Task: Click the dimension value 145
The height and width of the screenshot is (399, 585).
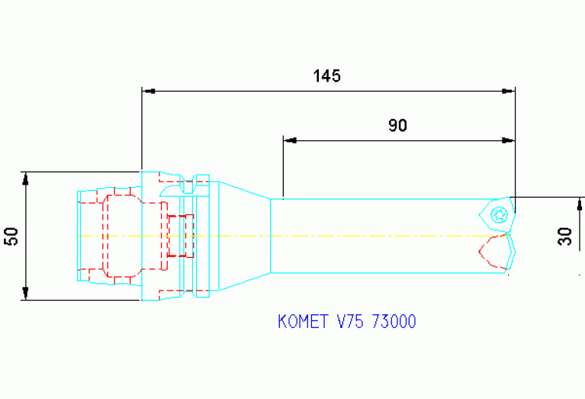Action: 326,76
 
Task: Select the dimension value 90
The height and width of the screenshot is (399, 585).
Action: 397,126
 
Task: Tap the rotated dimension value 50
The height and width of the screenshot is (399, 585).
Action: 11,236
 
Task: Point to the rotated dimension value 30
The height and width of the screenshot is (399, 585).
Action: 564,236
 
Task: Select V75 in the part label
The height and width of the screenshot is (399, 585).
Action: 350,322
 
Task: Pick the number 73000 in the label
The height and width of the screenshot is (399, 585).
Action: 393,322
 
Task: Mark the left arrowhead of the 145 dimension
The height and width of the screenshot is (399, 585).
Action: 149,91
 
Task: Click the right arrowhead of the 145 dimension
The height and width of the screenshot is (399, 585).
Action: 508,91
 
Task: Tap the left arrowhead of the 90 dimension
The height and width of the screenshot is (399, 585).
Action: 289,140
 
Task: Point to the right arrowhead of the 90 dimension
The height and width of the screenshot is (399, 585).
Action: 508,140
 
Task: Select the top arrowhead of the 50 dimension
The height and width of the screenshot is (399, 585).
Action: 26,178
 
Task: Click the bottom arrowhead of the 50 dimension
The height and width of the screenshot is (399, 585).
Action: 26,293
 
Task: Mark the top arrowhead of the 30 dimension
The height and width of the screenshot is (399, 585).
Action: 580,203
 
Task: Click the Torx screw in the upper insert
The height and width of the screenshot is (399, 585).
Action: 500,214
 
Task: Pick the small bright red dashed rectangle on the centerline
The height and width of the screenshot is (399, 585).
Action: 180,236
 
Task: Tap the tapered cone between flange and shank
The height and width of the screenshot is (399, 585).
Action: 245,236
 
